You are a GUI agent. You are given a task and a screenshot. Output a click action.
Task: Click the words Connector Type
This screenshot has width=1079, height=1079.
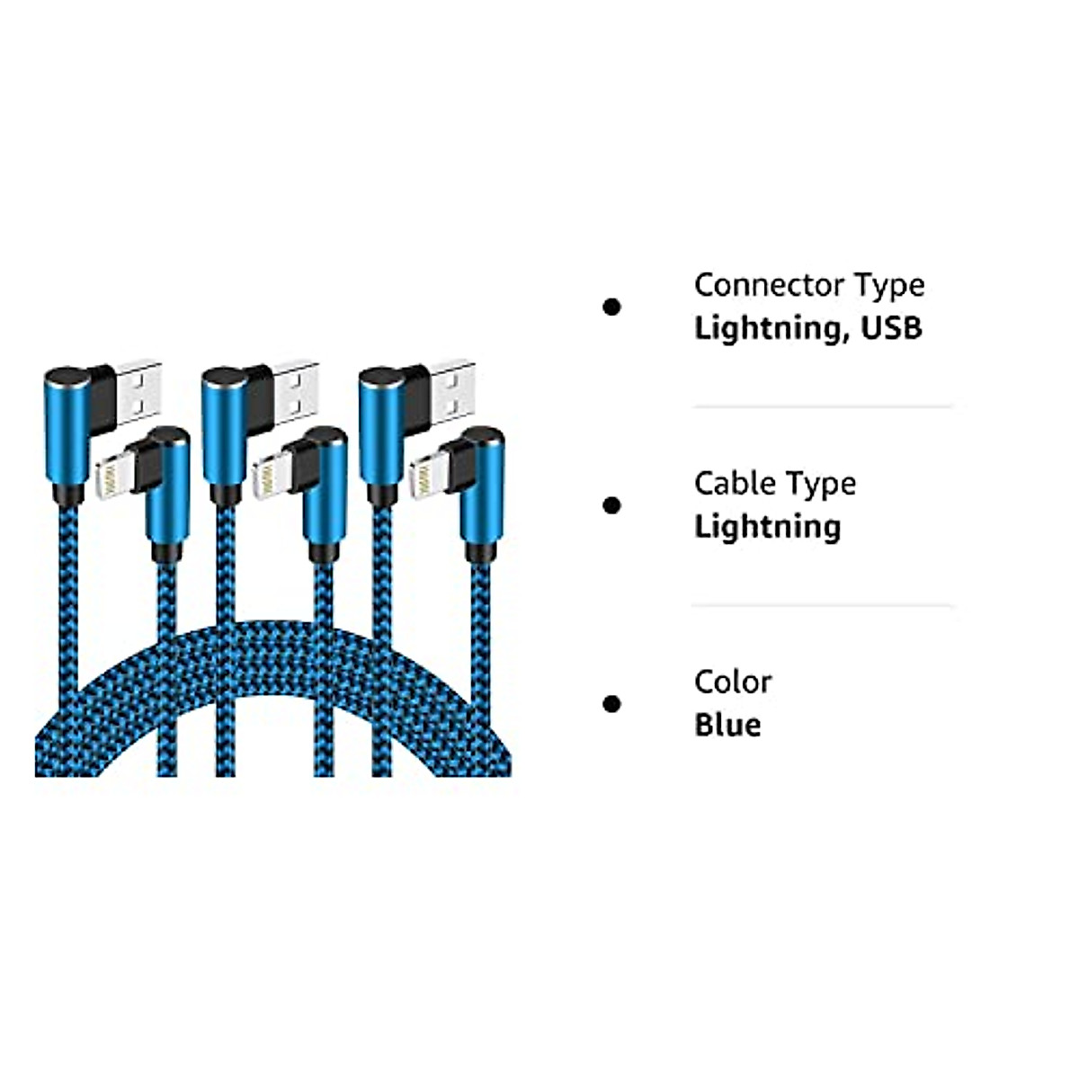point(809,285)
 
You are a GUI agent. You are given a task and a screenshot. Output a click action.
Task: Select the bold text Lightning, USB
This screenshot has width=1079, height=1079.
point(807,328)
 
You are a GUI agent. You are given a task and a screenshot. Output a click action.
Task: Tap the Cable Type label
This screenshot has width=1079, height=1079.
point(775,484)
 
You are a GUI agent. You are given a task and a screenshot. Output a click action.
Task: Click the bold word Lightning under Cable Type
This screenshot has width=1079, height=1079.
point(767,527)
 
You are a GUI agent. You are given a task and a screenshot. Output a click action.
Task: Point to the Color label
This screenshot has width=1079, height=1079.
point(732,682)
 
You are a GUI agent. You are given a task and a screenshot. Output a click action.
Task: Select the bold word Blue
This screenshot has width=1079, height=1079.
point(727,725)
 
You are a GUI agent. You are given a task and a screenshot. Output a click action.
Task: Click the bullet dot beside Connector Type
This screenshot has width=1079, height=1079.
point(611,308)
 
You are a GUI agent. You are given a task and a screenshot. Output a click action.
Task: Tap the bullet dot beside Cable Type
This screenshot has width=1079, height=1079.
point(611,505)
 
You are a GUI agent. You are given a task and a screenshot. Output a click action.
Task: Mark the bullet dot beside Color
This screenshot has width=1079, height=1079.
point(611,703)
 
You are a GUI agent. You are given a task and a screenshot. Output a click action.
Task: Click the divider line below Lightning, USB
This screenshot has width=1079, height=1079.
point(823,407)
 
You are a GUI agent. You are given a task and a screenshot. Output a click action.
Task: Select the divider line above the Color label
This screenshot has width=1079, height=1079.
point(823,606)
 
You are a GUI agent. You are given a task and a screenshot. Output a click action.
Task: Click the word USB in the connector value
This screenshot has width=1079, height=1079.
point(892,328)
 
